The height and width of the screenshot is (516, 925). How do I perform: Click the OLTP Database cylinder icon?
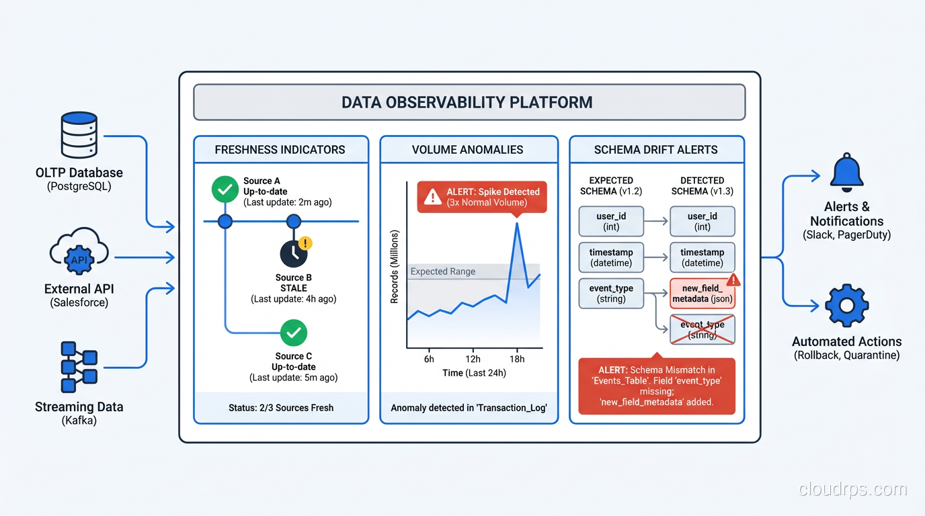point(79,134)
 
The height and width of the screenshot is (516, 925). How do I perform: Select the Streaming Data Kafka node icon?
point(79,366)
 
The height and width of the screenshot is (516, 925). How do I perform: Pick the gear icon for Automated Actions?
point(846,306)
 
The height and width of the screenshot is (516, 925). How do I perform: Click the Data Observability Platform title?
point(467,102)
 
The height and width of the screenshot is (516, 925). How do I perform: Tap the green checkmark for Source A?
point(225,189)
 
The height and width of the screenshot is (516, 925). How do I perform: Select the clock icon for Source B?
point(294,253)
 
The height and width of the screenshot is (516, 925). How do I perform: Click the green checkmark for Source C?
point(293,333)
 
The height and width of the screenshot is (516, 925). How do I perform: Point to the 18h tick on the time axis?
point(517,359)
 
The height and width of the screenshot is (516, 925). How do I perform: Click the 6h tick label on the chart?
point(429,359)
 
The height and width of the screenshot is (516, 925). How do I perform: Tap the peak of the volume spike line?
point(516,223)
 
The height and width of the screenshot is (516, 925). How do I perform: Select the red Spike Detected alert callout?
point(482,197)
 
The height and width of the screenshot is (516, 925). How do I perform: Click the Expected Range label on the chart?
point(442,271)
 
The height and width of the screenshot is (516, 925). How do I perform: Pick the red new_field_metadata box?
point(702,294)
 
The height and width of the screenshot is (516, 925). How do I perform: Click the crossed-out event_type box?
point(702,330)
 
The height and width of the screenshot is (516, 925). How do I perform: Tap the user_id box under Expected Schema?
point(611,221)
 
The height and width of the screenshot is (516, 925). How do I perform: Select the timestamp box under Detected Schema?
point(702,257)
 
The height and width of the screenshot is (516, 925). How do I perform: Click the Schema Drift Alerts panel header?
point(655,150)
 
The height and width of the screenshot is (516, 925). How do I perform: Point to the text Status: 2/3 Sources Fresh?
point(280,408)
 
